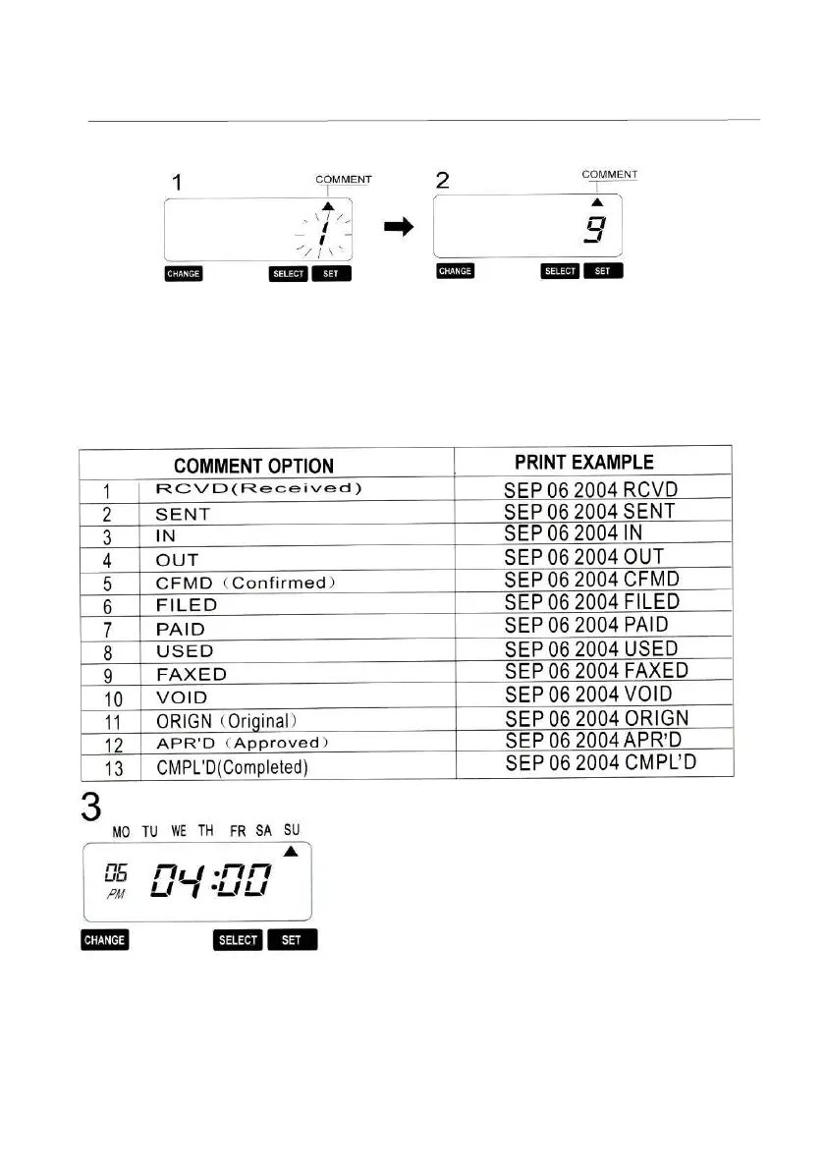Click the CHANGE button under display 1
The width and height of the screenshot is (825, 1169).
183,274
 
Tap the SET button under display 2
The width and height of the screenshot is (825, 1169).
603,271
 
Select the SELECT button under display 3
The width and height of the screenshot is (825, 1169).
238,940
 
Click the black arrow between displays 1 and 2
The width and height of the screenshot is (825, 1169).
397,227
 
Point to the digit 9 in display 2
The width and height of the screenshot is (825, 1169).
596,232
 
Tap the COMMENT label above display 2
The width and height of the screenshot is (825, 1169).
609,174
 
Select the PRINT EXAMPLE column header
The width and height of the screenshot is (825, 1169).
583,462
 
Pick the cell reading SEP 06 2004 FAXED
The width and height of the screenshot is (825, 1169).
595,671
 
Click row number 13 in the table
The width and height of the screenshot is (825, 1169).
114,768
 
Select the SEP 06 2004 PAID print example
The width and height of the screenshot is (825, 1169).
585,625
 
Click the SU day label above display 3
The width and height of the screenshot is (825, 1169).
292,831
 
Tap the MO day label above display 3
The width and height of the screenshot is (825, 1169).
121,832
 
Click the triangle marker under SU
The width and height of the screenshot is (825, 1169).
291,851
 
